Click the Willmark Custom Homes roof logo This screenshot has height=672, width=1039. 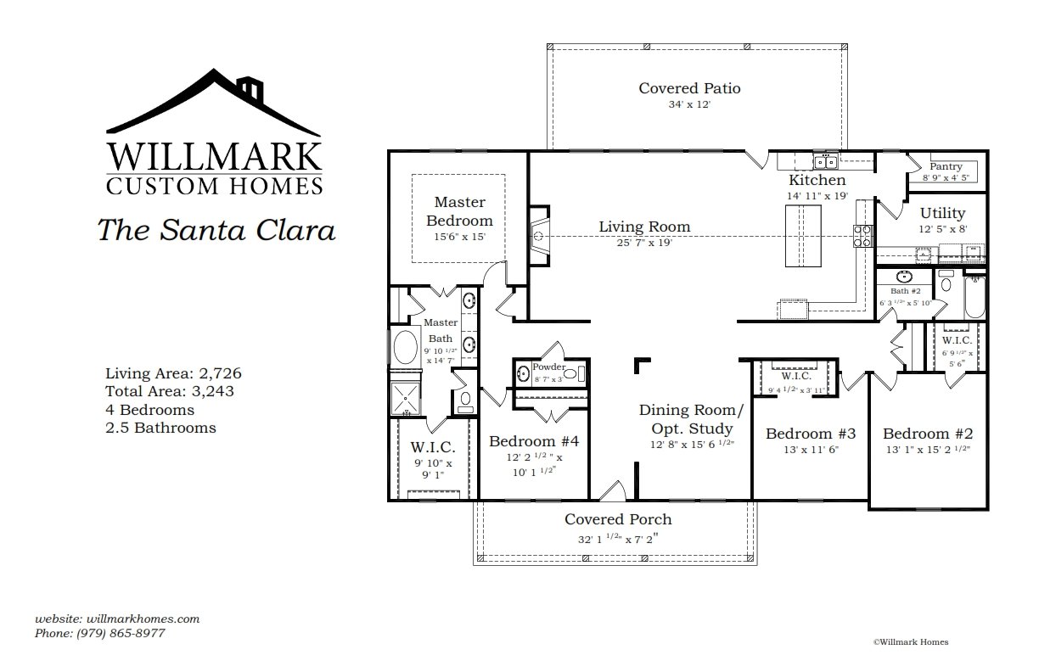click(214, 106)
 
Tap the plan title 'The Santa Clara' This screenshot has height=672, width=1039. click(216, 230)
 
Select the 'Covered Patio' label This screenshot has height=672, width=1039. click(689, 88)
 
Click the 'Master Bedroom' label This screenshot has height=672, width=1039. click(459, 211)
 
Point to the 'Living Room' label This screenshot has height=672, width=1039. click(644, 227)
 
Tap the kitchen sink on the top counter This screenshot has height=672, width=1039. click(825, 162)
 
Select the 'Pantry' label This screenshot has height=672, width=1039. click(946, 167)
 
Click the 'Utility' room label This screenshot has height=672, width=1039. click(942, 213)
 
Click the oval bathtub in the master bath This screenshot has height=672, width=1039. click(405, 348)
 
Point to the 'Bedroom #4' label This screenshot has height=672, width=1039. click(533, 441)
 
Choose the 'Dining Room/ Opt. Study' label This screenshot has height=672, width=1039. click(691, 417)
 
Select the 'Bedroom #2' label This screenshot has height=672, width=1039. click(925, 433)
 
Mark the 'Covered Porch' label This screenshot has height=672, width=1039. click(618, 519)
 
